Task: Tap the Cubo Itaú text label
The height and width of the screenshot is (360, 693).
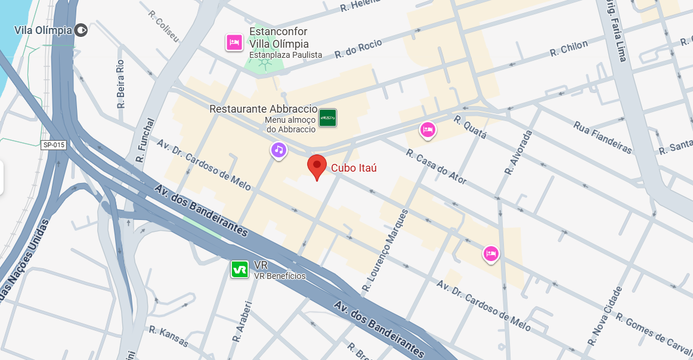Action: [x=354, y=168]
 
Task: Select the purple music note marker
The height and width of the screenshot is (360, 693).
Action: [x=279, y=150]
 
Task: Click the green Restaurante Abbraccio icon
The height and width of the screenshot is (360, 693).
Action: [x=327, y=118]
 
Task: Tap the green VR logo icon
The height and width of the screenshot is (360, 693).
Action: [x=240, y=269]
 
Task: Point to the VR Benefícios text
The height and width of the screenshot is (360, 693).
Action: [x=280, y=276]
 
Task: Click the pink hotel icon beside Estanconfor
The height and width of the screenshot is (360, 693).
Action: [x=234, y=42]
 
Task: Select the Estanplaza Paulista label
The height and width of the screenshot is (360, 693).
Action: [x=286, y=55]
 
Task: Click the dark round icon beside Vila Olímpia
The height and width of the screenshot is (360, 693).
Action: [x=82, y=30]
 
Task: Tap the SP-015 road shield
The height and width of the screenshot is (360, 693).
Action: [x=54, y=145]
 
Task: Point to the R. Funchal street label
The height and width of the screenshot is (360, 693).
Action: [x=145, y=140]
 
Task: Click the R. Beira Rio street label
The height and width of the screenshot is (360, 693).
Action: [x=120, y=83]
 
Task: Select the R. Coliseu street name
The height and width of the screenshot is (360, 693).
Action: [x=164, y=26]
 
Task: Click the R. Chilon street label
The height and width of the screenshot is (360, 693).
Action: [x=569, y=48]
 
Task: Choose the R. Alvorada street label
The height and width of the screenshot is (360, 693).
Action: [x=518, y=153]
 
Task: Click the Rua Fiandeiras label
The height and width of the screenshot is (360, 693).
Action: [x=602, y=137]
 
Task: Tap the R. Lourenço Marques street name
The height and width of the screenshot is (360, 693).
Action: [x=386, y=251]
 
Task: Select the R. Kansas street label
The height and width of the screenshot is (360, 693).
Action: [x=169, y=337]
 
